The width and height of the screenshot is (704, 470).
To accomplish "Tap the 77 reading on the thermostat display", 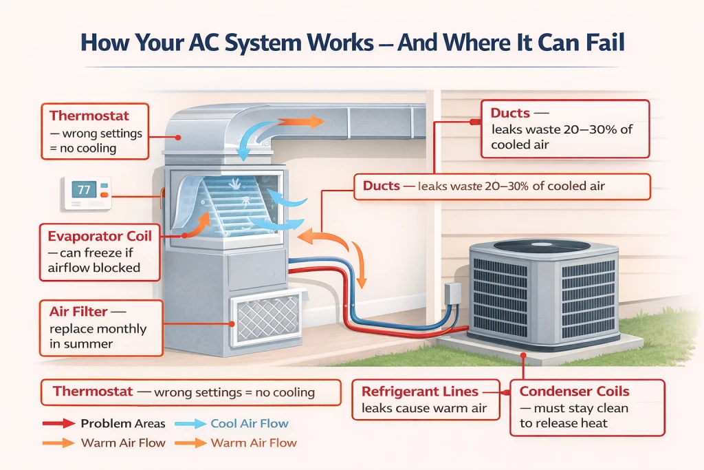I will [83, 190].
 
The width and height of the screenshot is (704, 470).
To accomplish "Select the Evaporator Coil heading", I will [100, 236].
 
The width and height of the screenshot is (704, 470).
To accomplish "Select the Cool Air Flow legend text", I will [250, 424].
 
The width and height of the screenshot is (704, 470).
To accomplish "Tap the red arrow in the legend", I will [58, 424].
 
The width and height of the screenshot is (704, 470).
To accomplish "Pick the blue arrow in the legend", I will [189, 424].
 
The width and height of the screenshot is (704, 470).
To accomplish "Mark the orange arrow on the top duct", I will [302, 122].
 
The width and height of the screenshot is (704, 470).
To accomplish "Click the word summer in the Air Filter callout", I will [88, 343].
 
